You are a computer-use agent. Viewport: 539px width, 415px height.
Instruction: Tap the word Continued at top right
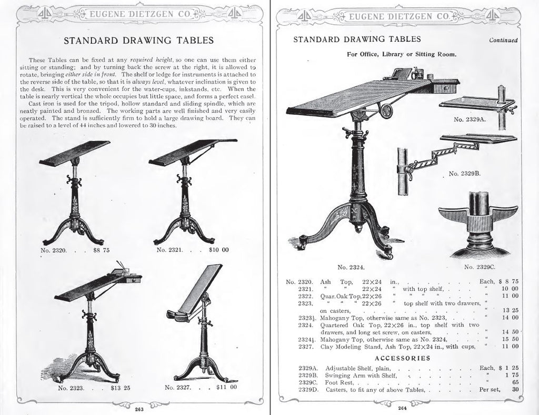(x=503, y=40)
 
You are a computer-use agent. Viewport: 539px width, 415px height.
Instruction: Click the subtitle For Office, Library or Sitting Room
(x=401, y=54)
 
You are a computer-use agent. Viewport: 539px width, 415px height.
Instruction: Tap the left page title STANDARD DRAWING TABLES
(x=138, y=40)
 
